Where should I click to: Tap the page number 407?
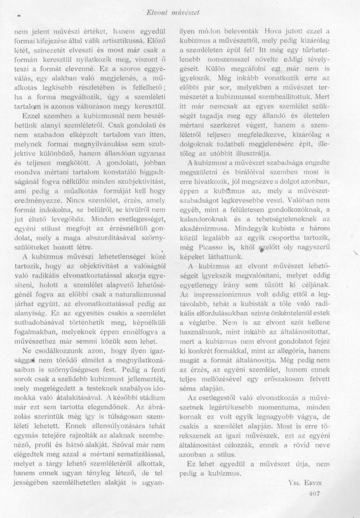coord(315,494)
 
